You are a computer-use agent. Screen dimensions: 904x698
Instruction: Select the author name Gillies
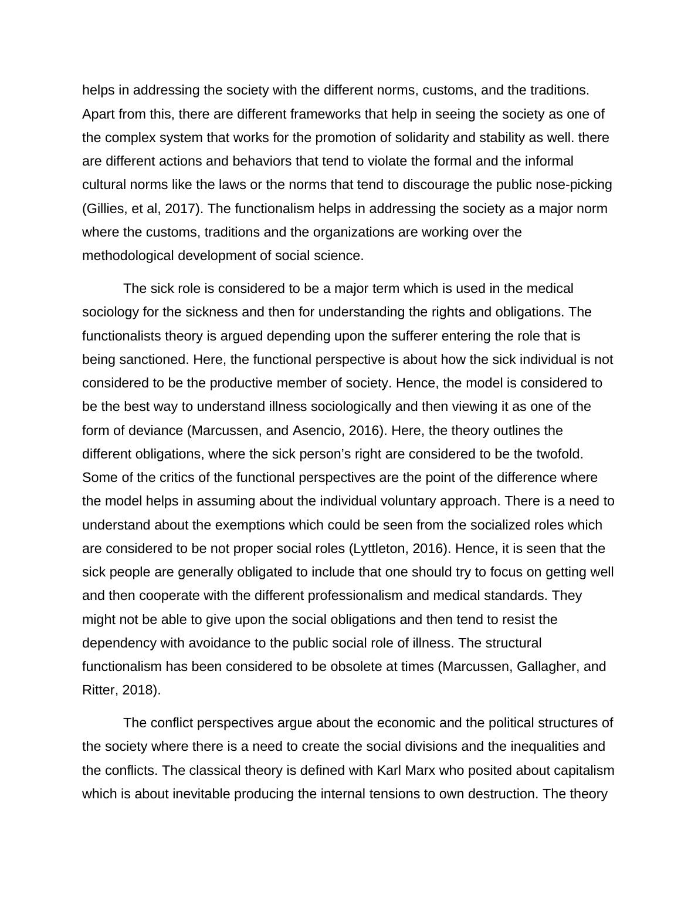coord(106,208)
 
